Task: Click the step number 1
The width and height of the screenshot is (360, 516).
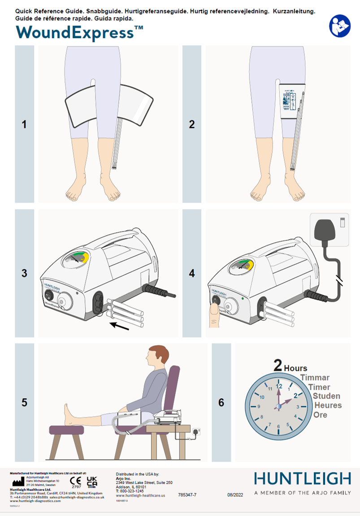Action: pyautogui.click(x=24, y=125)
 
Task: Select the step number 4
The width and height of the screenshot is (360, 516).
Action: pyautogui.click(x=192, y=273)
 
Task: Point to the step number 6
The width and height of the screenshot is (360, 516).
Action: pyautogui.click(x=221, y=403)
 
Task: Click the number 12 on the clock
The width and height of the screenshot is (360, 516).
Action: pyautogui.click(x=279, y=386)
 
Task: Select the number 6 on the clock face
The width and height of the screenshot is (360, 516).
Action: pyautogui.click(x=279, y=426)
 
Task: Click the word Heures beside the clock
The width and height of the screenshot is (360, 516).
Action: pyautogui.click(x=328, y=405)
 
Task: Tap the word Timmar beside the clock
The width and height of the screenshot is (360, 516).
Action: pyautogui.click(x=315, y=378)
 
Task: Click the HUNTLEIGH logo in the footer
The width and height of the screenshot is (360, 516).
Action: pyautogui.click(x=302, y=478)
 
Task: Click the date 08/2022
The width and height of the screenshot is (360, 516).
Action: pyautogui.click(x=235, y=495)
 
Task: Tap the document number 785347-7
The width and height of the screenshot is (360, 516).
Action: pyautogui.click(x=187, y=495)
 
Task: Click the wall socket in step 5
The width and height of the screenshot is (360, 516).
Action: pyautogui.click(x=195, y=431)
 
